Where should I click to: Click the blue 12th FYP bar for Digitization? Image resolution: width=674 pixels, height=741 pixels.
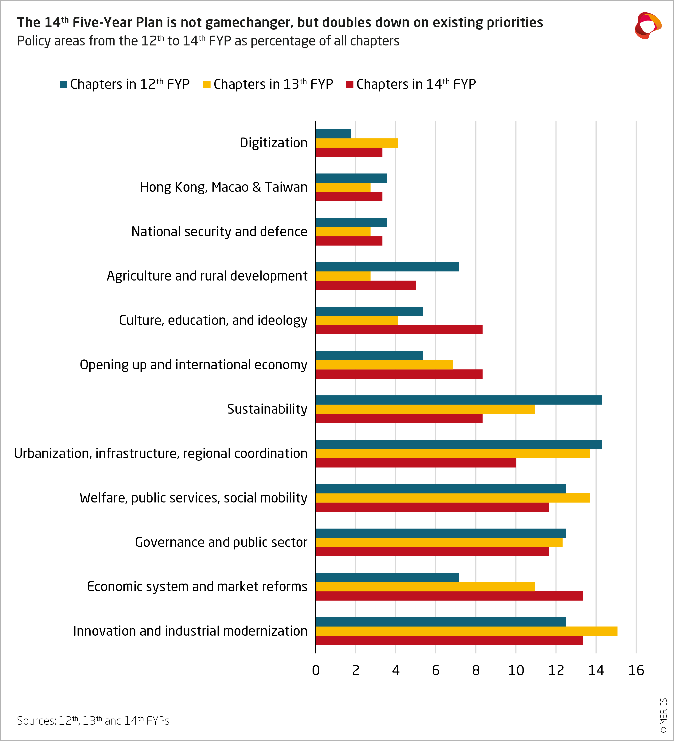333,134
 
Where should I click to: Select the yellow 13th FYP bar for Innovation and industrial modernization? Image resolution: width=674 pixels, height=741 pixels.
467,631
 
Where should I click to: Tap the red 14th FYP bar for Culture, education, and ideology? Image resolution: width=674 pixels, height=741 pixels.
399,330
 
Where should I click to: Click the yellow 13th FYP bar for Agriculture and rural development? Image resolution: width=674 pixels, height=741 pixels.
343,276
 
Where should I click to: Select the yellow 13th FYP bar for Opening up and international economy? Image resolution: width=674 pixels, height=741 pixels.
384,365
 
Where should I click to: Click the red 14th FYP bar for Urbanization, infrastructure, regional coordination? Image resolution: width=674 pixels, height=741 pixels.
416,463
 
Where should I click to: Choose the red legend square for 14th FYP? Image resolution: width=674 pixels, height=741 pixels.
350,84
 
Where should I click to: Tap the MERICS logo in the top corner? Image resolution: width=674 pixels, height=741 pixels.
648,25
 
